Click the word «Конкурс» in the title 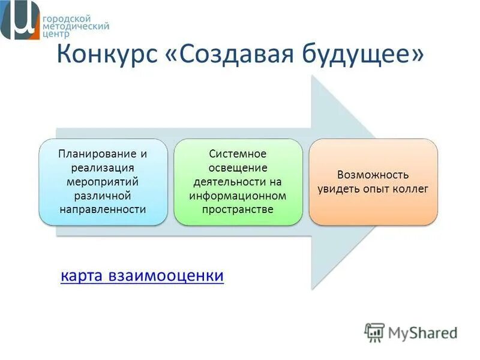click(x=107, y=53)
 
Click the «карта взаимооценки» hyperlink click(x=142, y=275)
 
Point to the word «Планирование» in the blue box click(x=97, y=154)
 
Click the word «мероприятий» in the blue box click(x=103, y=182)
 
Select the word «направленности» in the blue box click(x=103, y=209)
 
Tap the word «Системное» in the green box click(x=238, y=154)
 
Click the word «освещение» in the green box click(x=238, y=168)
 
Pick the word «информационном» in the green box click(x=238, y=196)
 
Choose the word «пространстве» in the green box click(x=238, y=209)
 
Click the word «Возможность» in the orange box click(x=373, y=175)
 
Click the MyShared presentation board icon click(x=374, y=333)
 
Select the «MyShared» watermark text click(x=423, y=333)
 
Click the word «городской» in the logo click(x=67, y=19)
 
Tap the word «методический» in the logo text click(x=76, y=26)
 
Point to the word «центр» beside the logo click(x=56, y=34)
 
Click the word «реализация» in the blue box click(x=103, y=168)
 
